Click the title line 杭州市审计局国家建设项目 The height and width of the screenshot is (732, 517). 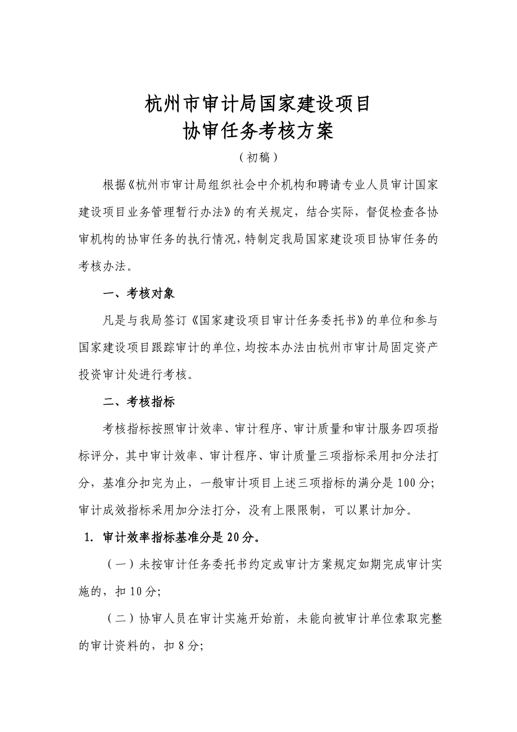click(x=258, y=104)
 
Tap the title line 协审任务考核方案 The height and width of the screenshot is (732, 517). click(x=258, y=131)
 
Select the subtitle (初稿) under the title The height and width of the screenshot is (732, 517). click(x=258, y=157)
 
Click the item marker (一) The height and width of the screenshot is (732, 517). click(x=119, y=565)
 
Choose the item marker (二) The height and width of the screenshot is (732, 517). click(x=119, y=619)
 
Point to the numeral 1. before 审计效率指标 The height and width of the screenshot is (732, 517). click(x=88, y=537)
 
